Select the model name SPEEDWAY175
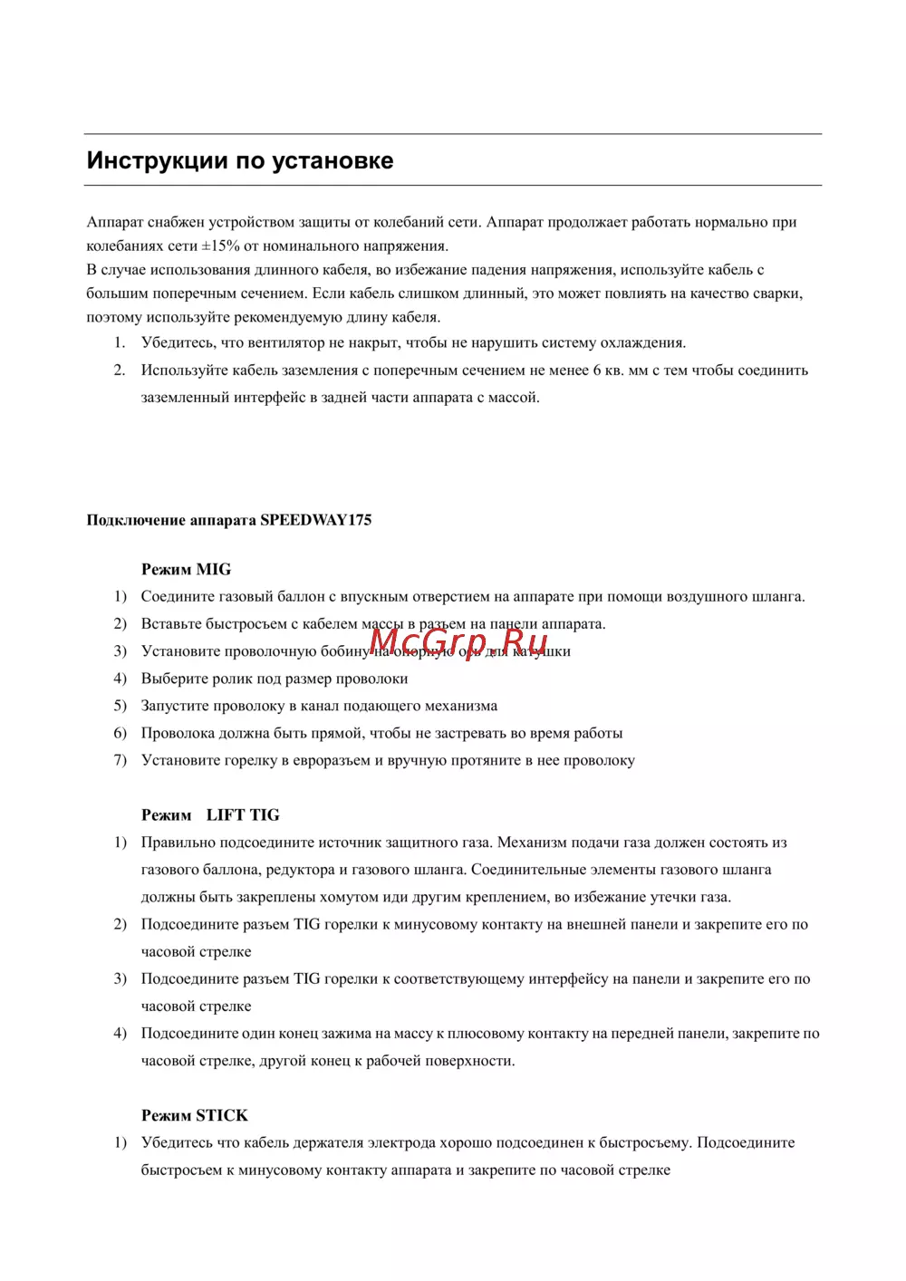[x=315, y=520]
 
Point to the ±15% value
[x=221, y=246]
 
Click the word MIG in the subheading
[x=214, y=570]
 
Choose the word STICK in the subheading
[x=222, y=1116]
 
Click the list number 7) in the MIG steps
[x=120, y=760]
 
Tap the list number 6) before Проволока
[x=120, y=733]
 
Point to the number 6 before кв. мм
[x=597, y=371]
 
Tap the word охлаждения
[x=639, y=343]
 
